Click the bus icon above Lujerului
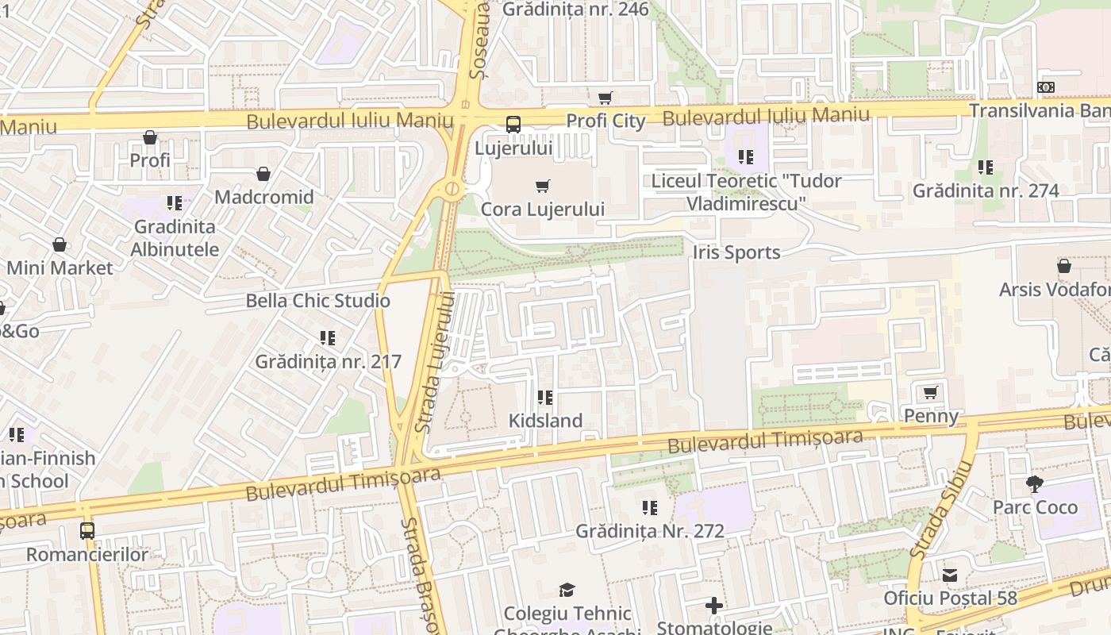(513, 125)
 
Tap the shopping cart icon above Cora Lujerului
(543, 187)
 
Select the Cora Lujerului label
(543, 210)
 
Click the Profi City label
(605, 121)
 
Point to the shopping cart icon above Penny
(931, 393)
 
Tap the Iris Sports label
(736, 252)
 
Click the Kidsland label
(545, 421)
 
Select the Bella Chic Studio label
(317, 301)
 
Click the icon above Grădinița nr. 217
(328, 338)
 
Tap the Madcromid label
(263, 197)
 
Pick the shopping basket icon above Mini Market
(60, 244)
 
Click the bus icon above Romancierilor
(87, 530)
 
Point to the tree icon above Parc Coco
(1034, 483)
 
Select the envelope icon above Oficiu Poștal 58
(950, 575)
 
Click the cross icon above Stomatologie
(714, 606)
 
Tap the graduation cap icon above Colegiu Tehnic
(567, 590)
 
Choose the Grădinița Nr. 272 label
(650, 531)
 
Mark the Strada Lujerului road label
(436, 362)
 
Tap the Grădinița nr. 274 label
(986, 190)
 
